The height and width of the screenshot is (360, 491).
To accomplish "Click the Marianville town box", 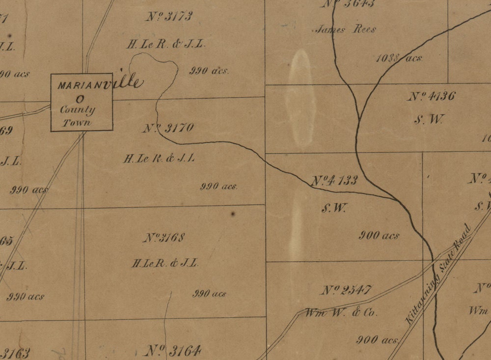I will point(82,103).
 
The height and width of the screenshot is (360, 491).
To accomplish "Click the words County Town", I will point(77,116).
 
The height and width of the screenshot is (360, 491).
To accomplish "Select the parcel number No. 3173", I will point(169,16).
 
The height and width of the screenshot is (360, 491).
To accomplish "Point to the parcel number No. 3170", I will point(168,128).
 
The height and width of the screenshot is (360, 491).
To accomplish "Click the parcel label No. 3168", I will point(164,238).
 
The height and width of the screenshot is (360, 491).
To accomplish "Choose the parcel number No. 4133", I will point(334,180).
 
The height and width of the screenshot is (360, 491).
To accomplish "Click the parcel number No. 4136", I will point(431,96).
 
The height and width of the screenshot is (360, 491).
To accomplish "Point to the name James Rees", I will point(346,29).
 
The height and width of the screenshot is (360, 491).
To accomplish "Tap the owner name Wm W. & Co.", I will point(341,312).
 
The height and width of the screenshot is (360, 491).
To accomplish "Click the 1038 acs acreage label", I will point(399,58).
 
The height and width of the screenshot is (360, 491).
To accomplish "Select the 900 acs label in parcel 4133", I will point(379,235).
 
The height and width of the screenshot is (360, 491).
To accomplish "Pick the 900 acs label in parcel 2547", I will point(377,339).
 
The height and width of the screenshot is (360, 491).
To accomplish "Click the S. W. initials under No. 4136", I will point(429,119).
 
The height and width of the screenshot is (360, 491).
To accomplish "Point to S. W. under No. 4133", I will point(334,208).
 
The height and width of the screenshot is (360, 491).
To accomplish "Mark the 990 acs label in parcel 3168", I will point(209,294).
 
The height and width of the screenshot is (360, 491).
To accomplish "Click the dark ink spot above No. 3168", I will point(232,214).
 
